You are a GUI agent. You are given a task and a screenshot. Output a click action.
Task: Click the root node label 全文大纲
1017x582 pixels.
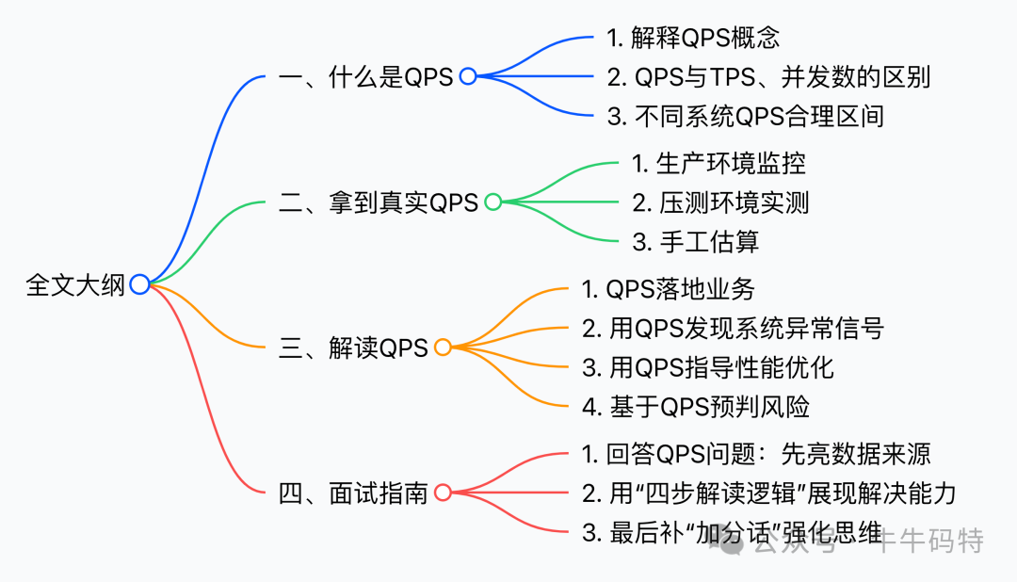(x=75, y=284)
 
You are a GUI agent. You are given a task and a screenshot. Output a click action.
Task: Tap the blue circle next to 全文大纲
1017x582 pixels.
(x=139, y=284)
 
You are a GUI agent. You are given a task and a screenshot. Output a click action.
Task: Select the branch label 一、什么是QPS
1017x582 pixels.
(x=366, y=77)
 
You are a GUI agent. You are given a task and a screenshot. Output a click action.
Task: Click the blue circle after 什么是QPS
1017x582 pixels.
(x=468, y=77)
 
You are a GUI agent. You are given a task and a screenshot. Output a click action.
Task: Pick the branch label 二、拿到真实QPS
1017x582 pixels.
(x=379, y=202)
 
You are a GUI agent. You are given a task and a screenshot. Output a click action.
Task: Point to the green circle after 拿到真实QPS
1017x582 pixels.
(x=492, y=202)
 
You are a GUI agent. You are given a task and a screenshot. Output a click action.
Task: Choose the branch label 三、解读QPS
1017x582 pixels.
(x=353, y=348)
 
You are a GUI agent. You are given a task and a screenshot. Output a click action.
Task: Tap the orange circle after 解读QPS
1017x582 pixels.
(x=443, y=348)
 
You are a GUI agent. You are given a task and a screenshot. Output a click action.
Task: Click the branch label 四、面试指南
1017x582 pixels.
(x=353, y=493)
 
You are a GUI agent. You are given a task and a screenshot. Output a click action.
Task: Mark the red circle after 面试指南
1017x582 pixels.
(x=443, y=493)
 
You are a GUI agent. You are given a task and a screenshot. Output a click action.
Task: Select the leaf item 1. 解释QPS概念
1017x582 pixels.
(x=693, y=39)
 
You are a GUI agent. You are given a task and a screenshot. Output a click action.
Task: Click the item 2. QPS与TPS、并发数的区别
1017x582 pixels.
(x=768, y=77)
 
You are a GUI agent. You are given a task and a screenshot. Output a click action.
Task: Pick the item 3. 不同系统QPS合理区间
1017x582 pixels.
(x=746, y=117)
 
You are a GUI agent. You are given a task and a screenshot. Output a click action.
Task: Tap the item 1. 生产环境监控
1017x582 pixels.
(x=718, y=163)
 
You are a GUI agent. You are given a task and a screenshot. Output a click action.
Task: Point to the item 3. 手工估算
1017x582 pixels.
(x=695, y=242)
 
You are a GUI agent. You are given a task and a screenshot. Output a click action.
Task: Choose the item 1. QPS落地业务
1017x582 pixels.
(x=668, y=288)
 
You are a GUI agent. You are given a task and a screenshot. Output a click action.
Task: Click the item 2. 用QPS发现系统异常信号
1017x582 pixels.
(x=733, y=328)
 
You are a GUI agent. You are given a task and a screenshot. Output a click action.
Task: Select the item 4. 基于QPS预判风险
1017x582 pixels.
(x=695, y=406)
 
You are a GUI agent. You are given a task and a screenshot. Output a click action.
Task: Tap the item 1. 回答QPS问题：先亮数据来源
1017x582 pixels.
(x=756, y=454)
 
